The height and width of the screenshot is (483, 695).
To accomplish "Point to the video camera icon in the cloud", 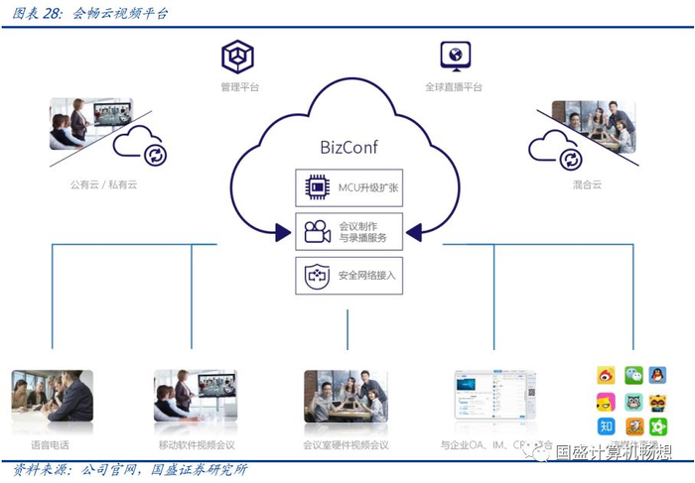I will coord(317,232).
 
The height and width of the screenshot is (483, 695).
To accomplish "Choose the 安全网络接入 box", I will coord(347,275).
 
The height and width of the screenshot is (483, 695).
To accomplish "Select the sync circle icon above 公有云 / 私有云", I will coord(154,154).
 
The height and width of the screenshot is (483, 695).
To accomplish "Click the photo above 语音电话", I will coord(53,396).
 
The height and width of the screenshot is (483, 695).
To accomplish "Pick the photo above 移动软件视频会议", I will coord(196,396).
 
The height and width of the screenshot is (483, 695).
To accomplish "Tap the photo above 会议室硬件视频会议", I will coord(346,396).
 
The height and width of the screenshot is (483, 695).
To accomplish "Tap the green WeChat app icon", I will coord(633,376).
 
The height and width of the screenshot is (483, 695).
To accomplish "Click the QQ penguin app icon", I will coord(658,376).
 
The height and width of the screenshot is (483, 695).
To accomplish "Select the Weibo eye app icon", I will coord(607,376).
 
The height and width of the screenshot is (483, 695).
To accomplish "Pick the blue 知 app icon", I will coord(607,426).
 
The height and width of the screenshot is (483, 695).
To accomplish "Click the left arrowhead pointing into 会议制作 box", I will coord(282,234).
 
